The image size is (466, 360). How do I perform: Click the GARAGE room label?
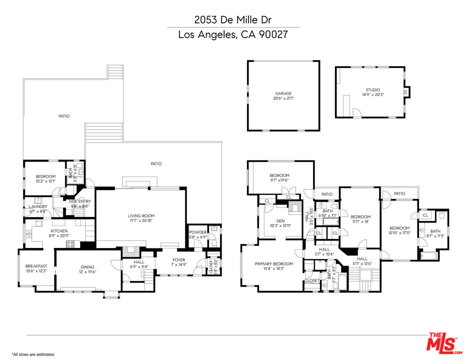[283, 93]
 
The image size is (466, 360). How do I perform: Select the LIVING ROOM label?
[140, 216]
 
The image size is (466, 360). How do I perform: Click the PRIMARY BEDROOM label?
[273, 264]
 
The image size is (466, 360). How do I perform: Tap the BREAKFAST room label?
[36, 266]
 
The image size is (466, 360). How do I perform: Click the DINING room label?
[86, 267]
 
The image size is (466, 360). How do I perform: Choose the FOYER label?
[178, 260]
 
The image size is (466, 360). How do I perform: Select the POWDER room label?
[197, 232]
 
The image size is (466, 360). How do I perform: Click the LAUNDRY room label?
[38, 206]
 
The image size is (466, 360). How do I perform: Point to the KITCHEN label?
[58, 230]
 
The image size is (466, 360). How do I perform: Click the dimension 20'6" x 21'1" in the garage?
[283, 98]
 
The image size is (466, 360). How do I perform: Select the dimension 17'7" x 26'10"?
[140, 221]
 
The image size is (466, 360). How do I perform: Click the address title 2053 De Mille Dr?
[233, 20]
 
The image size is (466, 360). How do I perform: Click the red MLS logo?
[441, 341]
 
